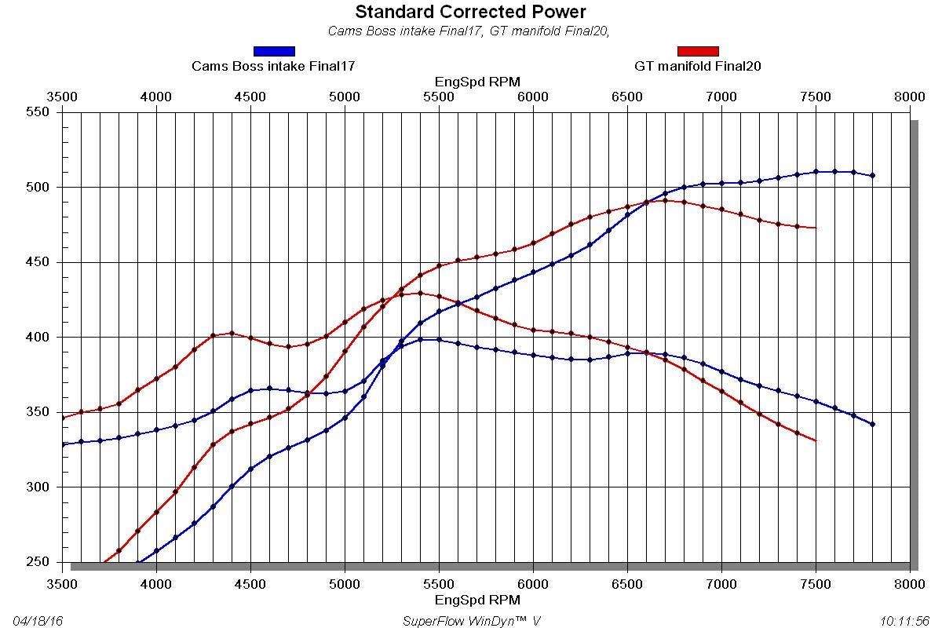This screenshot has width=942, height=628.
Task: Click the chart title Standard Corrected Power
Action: pyautogui.click(x=470, y=12)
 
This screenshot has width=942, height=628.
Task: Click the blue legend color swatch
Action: pyautogui.click(x=274, y=51)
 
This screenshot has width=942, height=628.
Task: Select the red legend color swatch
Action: pyautogui.click(x=698, y=51)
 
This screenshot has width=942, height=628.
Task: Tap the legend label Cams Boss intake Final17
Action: pyautogui.click(x=273, y=67)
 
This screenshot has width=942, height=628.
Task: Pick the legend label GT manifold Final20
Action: pyautogui.click(x=697, y=67)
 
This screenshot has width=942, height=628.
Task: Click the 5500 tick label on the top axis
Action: pyautogui.click(x=439, y=97)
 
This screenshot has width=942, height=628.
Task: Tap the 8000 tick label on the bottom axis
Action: pyautogui.click(x=910, y=585)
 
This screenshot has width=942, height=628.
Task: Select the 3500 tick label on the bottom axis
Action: pyautogui.click(x=62, y=585)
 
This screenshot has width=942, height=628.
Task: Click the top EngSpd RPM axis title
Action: pyautogui.click(x=477, y=82)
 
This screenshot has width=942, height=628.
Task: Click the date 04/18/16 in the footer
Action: pyautogui.click(x=38, y=621)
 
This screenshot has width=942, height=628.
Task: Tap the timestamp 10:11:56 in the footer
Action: pyautogui.click(x=905, y=621)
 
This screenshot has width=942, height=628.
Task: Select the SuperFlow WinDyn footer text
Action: pyautogui.click(x=471, y=621)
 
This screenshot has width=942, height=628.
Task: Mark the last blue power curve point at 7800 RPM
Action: pyautogui.click(x=872, y=175)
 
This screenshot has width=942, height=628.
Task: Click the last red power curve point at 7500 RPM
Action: pyautogui.click(x=816, y=228)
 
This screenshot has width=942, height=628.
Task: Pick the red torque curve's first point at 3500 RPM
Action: pyautogui.click(x=63, y=418)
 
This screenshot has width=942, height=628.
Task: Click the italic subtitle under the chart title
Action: pyautogui.click(x=469, y=31)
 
